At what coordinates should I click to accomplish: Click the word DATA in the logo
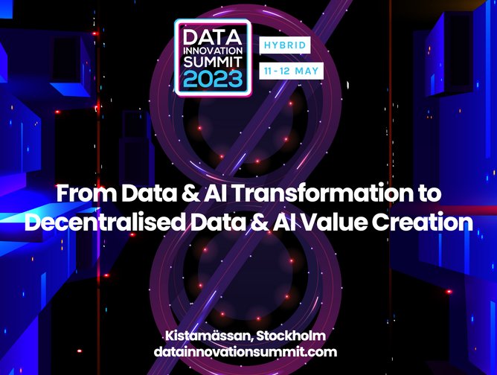[212, 36]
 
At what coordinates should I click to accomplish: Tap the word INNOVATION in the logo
[212, 51]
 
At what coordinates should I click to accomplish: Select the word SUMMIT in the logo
[212, 65]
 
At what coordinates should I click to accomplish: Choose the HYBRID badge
[283, 45]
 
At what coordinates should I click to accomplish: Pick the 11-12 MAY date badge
[290, 71]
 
